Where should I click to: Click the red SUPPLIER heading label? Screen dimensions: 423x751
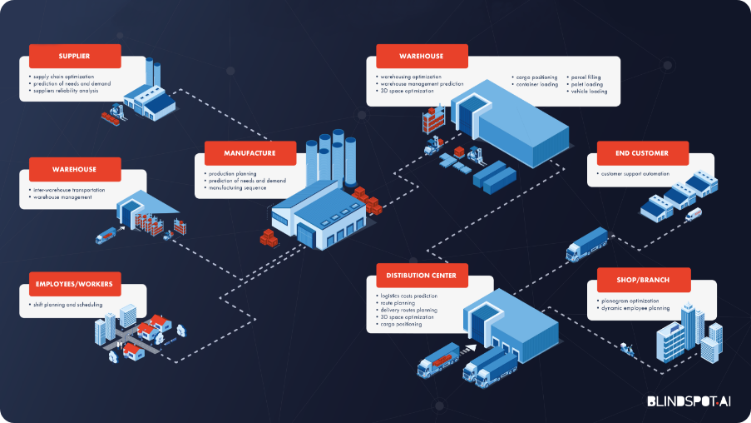(75, 57)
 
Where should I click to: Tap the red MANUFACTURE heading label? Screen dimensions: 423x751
(250, 152)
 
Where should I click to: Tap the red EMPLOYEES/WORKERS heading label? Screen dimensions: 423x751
(75, 284)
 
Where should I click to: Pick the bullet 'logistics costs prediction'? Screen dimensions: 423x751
(408, 296)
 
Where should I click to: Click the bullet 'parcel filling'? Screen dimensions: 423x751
(586, 77)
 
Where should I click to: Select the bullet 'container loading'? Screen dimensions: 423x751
(537, 84)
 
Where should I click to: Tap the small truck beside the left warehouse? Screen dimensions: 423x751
(106, 236)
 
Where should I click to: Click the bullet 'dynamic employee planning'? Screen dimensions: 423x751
(634, 308)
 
